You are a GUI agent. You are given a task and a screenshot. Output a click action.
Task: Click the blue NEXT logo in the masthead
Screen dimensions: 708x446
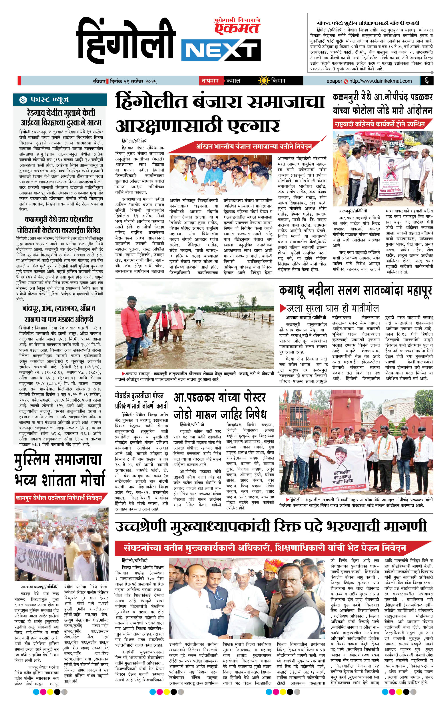[221, 51]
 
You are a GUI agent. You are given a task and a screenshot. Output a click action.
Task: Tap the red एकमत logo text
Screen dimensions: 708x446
[237, 28]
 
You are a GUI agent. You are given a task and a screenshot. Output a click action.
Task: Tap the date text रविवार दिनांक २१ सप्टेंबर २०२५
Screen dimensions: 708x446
[123, 81]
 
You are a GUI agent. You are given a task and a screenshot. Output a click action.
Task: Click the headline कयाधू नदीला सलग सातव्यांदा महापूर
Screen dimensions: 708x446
[356, 291]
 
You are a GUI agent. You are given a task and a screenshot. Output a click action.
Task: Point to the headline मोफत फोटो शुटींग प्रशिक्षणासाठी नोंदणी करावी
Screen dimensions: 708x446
[368, 23]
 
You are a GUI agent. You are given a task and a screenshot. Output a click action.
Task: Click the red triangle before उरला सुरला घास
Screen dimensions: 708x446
[283, 308]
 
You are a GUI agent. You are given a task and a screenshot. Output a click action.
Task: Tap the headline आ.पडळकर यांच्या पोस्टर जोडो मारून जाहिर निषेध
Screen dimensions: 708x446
[220, 406]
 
